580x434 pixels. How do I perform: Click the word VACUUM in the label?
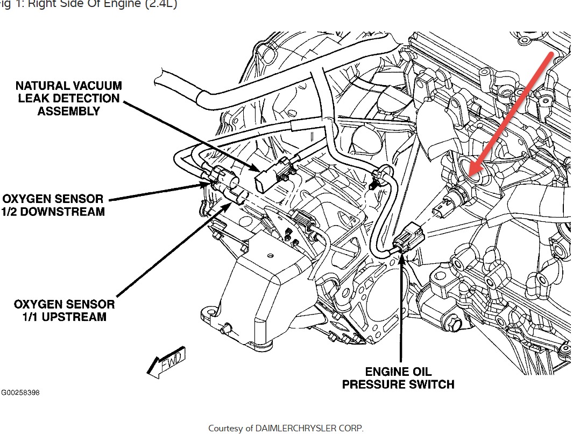pyautogui.click(x=95, y=86)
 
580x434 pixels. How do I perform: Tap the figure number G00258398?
pyautogui.click(x=20, y=393)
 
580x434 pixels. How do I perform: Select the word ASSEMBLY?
pyautogui.click(x=68, y=111)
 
